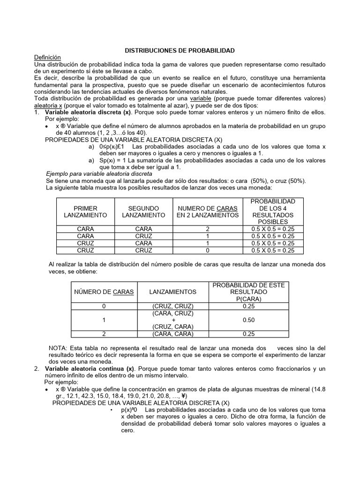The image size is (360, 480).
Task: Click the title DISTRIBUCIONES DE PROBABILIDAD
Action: point(180,50)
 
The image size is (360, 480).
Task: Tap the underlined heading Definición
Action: point(48,57)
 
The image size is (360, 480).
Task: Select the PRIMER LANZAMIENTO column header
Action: point(85,211)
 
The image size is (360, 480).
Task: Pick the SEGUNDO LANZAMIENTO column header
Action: point(143,211)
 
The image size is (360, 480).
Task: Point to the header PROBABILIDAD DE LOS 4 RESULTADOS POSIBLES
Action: point(273,211)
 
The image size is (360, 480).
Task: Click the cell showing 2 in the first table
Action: point(207,229)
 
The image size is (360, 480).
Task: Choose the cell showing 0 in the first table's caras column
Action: point(207,250)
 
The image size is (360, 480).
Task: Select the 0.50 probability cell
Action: point(249,320)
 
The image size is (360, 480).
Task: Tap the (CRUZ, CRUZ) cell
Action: point(172,306)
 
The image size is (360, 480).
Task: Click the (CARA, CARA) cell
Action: point(172,334)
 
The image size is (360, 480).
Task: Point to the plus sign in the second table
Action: point(172,320)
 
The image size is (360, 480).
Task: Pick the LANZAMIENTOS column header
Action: point(172,292)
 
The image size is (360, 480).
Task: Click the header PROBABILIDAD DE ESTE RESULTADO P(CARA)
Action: point(249,292)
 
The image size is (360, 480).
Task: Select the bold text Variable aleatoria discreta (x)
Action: point(88,112)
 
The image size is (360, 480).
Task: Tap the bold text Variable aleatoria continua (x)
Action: point(90,369)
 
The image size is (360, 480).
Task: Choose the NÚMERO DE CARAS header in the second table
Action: point(104,292)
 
